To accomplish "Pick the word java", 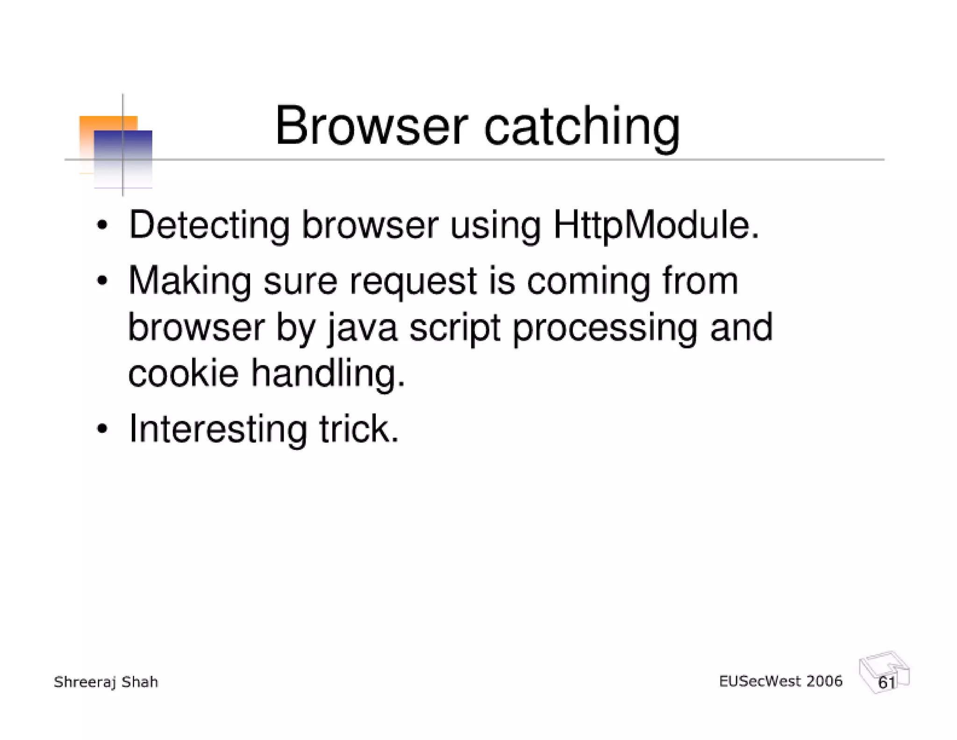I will pyautogui.click(x=362, y=328).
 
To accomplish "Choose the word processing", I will pyautogui.click(x=605, y=328).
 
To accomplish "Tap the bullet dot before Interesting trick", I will pyautogui.click(x=102, y=429).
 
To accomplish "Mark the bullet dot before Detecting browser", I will pyautogui.click(x=102, y=226).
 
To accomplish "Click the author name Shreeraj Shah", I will pyautogui.click(x=106, y=682).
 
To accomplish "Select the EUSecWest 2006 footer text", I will pyautogui.click(x=780, y=681).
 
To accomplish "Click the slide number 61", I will pyautogui.click(x=886, y=682).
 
